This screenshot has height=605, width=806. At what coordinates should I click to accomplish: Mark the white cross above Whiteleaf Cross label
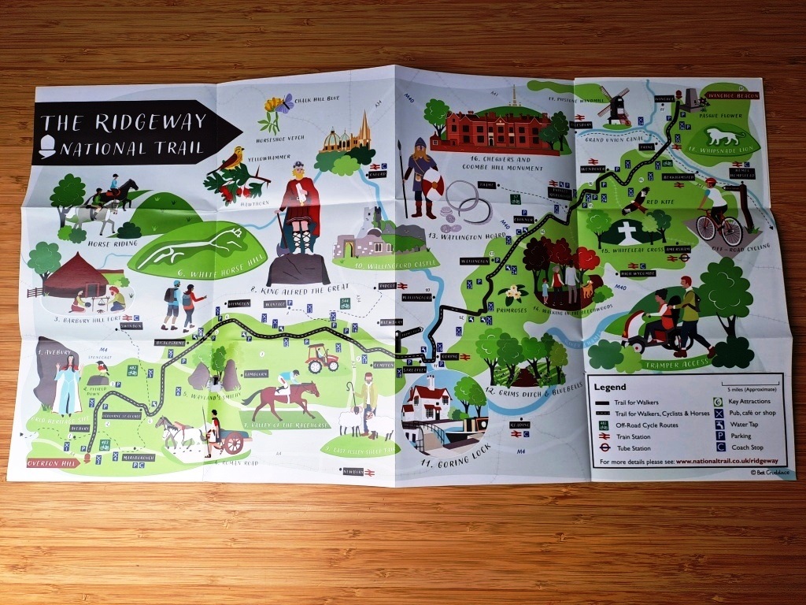(x=628, y=232)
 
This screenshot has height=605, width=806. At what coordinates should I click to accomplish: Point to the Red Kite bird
(x=636, y=200)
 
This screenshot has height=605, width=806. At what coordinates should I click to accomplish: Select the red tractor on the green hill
(x=324, y=358)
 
